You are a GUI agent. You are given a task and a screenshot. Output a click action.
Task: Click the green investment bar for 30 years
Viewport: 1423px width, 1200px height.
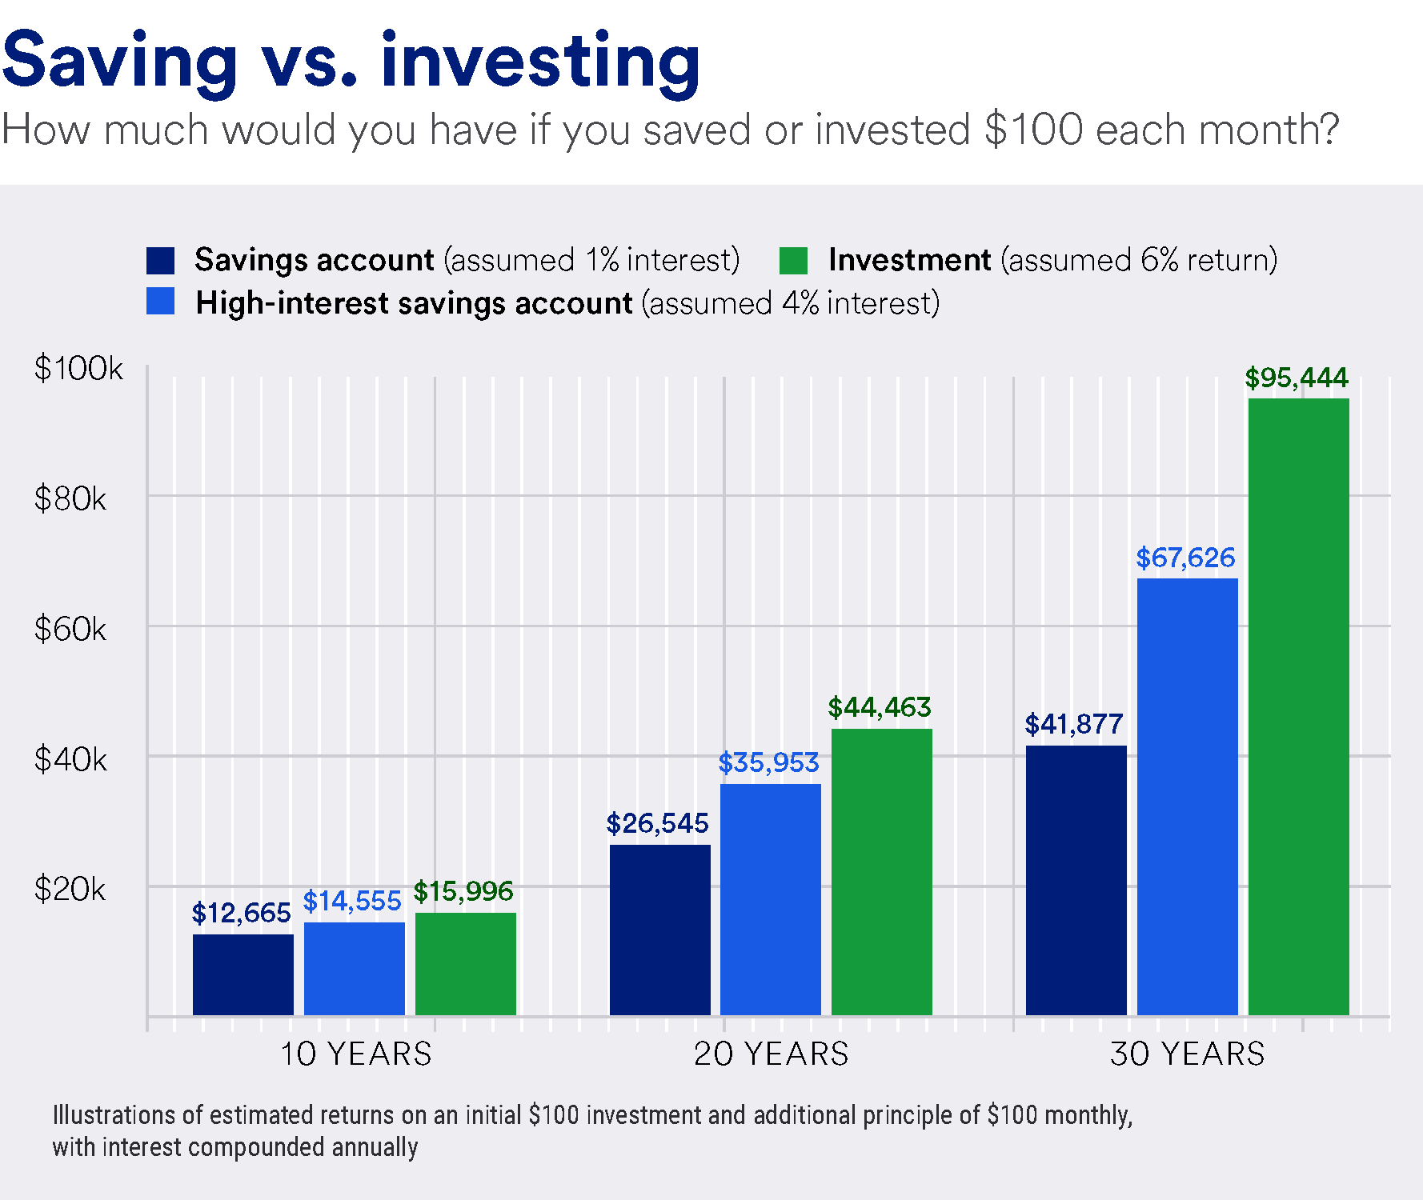click(x=1298, y=707)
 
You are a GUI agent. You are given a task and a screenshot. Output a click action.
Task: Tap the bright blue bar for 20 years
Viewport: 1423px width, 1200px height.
click(x=770, y=899)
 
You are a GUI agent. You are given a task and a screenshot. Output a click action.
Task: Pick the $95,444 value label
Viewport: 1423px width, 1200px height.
click(x=1296, y=378)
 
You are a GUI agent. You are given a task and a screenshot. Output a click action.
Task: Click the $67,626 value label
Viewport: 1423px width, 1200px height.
click(x=1185, y=558)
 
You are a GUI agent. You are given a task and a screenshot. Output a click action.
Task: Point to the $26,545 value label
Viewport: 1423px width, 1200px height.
click(x=657, y=823)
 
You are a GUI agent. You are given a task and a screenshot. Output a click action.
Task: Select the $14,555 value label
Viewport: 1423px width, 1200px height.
click(x=351, y=901)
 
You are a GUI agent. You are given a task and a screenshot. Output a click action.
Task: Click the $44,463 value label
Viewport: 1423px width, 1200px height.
click(x=879, y=707)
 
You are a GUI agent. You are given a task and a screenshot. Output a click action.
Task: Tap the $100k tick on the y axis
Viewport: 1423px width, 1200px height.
click(x=78, y=369)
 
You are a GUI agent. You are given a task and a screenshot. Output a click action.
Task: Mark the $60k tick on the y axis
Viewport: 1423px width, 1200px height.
click(x=70, y=630)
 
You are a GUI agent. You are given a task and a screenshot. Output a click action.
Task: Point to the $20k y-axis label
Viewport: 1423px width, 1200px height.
click(x=70, y=890)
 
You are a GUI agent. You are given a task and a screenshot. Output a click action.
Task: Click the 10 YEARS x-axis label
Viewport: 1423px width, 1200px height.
click(x=355, y=1054)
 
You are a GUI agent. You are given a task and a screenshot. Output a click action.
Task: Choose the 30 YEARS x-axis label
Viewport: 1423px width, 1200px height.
click(x=1187, y=1054)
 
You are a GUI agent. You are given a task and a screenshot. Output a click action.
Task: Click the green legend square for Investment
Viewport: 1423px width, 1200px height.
click(x=793, y=261)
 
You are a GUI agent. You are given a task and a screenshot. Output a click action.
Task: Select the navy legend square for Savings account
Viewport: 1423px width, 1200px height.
click(x=160, y=261)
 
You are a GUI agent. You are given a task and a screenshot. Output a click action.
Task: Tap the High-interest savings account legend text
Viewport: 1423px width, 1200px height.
click(x=414, y=304)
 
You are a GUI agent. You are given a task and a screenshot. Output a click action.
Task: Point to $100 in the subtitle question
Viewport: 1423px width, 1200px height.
click(x=1033, y=130)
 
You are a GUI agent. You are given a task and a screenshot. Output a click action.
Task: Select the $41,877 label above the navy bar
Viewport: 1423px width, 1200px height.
click(x=1073, y=724)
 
